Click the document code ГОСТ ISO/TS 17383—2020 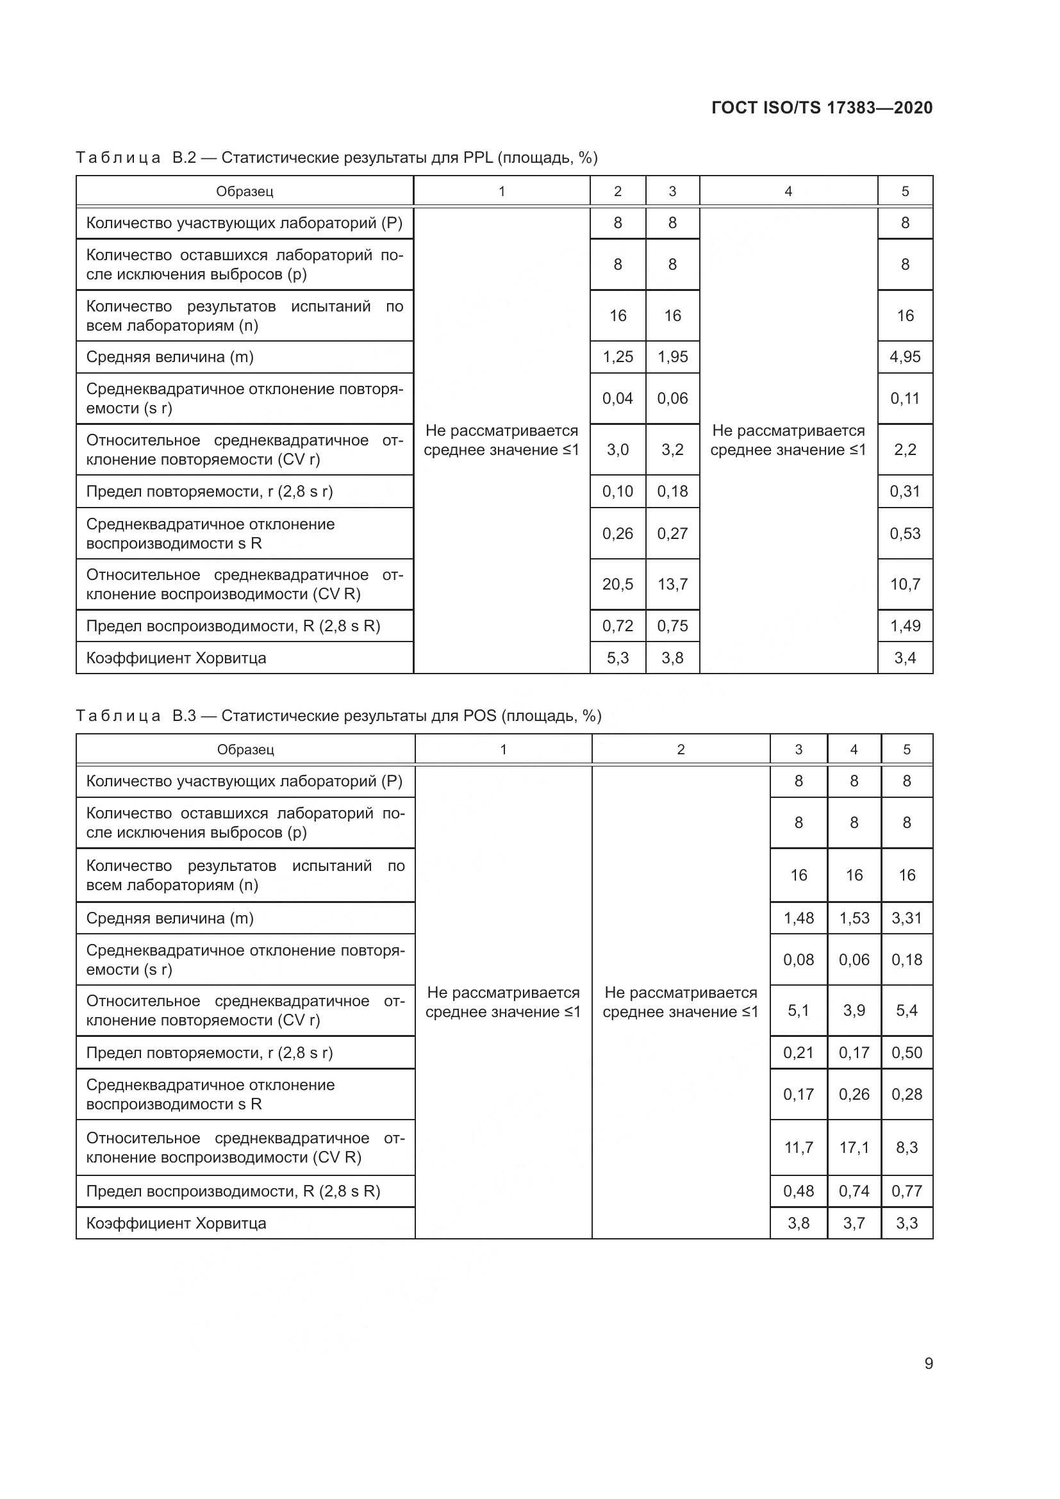click(x=822, y=108)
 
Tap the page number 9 click(x=928, y=1363)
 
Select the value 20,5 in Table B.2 click(x=617, y=584)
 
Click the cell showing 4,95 click(x=905, y=357)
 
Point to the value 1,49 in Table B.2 click(x=905, y=626)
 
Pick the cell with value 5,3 click(x=617, y=658)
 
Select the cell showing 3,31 click(x=907, y=918)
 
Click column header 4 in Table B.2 click(x=788, y=191)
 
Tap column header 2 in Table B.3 click(x=680, y=750)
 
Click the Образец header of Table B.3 click(x=245, y=750)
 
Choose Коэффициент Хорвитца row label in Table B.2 click(x=176, y=658)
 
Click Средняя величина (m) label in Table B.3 click(x=170, y=918)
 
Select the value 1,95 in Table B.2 click(x=672, y=357)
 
